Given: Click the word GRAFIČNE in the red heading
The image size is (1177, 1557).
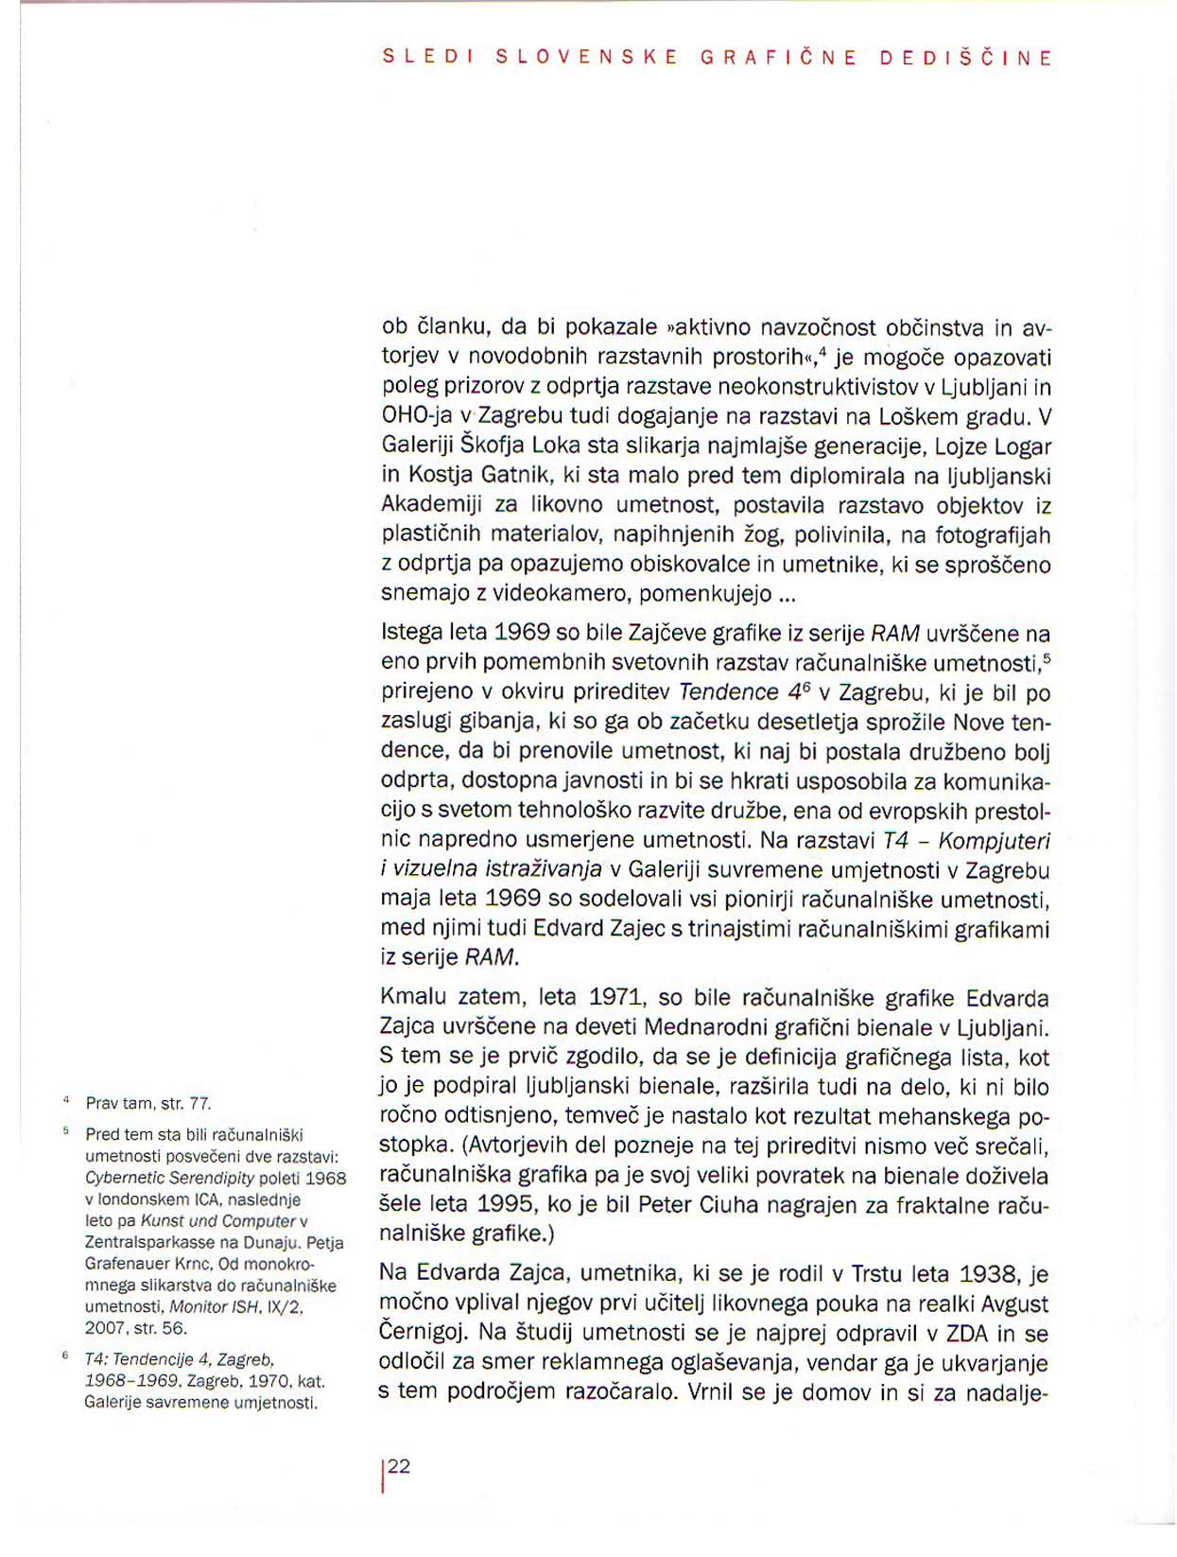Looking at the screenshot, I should (x=778, y=58).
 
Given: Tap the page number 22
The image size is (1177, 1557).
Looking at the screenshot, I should (x=399, y=1466).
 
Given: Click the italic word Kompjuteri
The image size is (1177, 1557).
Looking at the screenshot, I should (x=994, y=841).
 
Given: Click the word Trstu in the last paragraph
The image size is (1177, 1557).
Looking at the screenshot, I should (x=880, y=1274).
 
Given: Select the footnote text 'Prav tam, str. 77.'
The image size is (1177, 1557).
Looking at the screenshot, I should (x=148, y=1103).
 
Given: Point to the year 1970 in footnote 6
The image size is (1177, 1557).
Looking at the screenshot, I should (x=267, y=1381).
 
